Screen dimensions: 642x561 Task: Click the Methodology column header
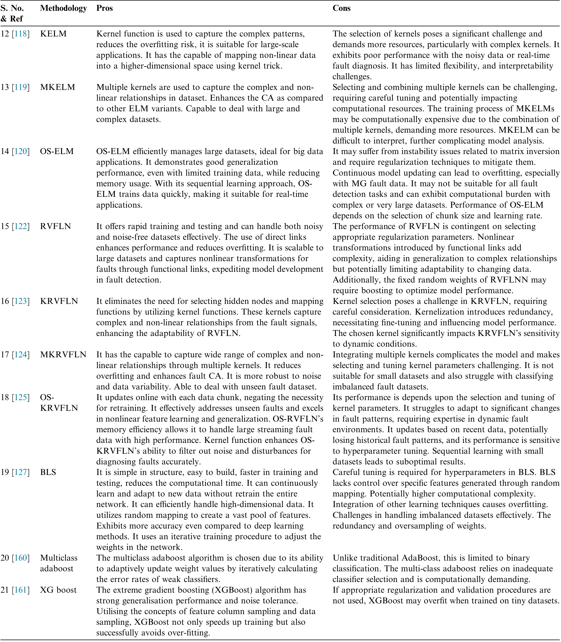pyautogui.click(x=63, y=9)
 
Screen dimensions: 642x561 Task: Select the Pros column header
pyautogui.click(x=104, y=9)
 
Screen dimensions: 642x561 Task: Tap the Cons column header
pyautogui.click(x=341, y=9)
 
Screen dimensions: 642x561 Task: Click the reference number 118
pyautogui.click(x=21, y=34)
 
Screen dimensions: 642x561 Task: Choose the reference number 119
pyautogui.click(x=21, y=87)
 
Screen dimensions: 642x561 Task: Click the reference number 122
pyautogui.click(x=21, y=226)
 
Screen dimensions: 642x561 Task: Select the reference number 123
pyautogui.click(x=21, y=301)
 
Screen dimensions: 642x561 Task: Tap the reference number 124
pyautogui.click(x=21, y=355)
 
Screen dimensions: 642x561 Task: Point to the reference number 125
pyautogui.click(x=21, y=397)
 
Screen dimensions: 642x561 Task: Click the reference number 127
pyautogui.click(x=21, y=472)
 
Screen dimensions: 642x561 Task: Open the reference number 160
pyautogui.click(x=21, y=558)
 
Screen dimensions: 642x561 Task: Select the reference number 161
pyautogui.click(x=21, y=590)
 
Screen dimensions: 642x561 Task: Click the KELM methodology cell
pyautogui.click(x=53, y=34)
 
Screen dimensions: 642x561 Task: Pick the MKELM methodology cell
pyautogui.click(x=58, y=87)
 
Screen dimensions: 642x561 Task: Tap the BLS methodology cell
pyautogui.click(x=48, y=472)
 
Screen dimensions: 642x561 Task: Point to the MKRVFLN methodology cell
pyautogui.click(x=63, y=355)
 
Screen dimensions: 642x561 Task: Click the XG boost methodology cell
pyautogui.click(x=58, y=590)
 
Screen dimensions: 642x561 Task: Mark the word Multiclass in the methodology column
pyautogui.click(x=58, y=558)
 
